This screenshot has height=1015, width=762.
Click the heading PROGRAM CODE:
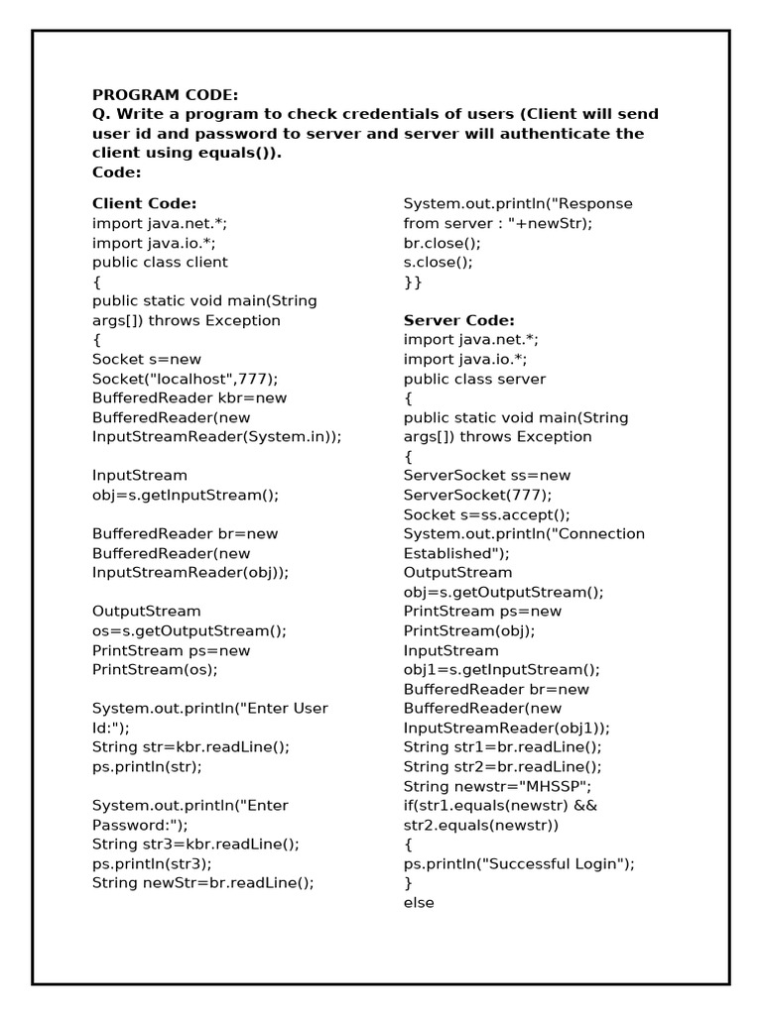tap(166, 95)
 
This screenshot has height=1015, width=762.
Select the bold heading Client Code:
tap(145, 203)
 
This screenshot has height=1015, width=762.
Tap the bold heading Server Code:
tap(459, 320)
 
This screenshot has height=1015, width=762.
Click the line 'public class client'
tap(160, 263)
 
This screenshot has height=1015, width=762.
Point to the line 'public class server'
tap(474, 379)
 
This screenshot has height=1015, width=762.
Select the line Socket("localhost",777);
tap(186, 379)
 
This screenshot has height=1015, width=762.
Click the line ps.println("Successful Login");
tap(519, 863)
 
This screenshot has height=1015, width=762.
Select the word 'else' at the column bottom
tap(419, 903)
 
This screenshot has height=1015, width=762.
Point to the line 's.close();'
tap(439, 263)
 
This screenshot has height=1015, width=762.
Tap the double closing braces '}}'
tap(413, 282)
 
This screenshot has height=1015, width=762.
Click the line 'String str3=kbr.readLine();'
tap(195, 844)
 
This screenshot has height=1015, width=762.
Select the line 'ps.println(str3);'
tap(153, 863)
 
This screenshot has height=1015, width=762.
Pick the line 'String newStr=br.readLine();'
tap(203, 882)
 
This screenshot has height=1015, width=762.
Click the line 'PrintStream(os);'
tap(155, 669)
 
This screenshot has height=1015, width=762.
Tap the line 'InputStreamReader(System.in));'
tap(216, 437)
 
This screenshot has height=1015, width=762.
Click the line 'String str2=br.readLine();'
tap(503, 766)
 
